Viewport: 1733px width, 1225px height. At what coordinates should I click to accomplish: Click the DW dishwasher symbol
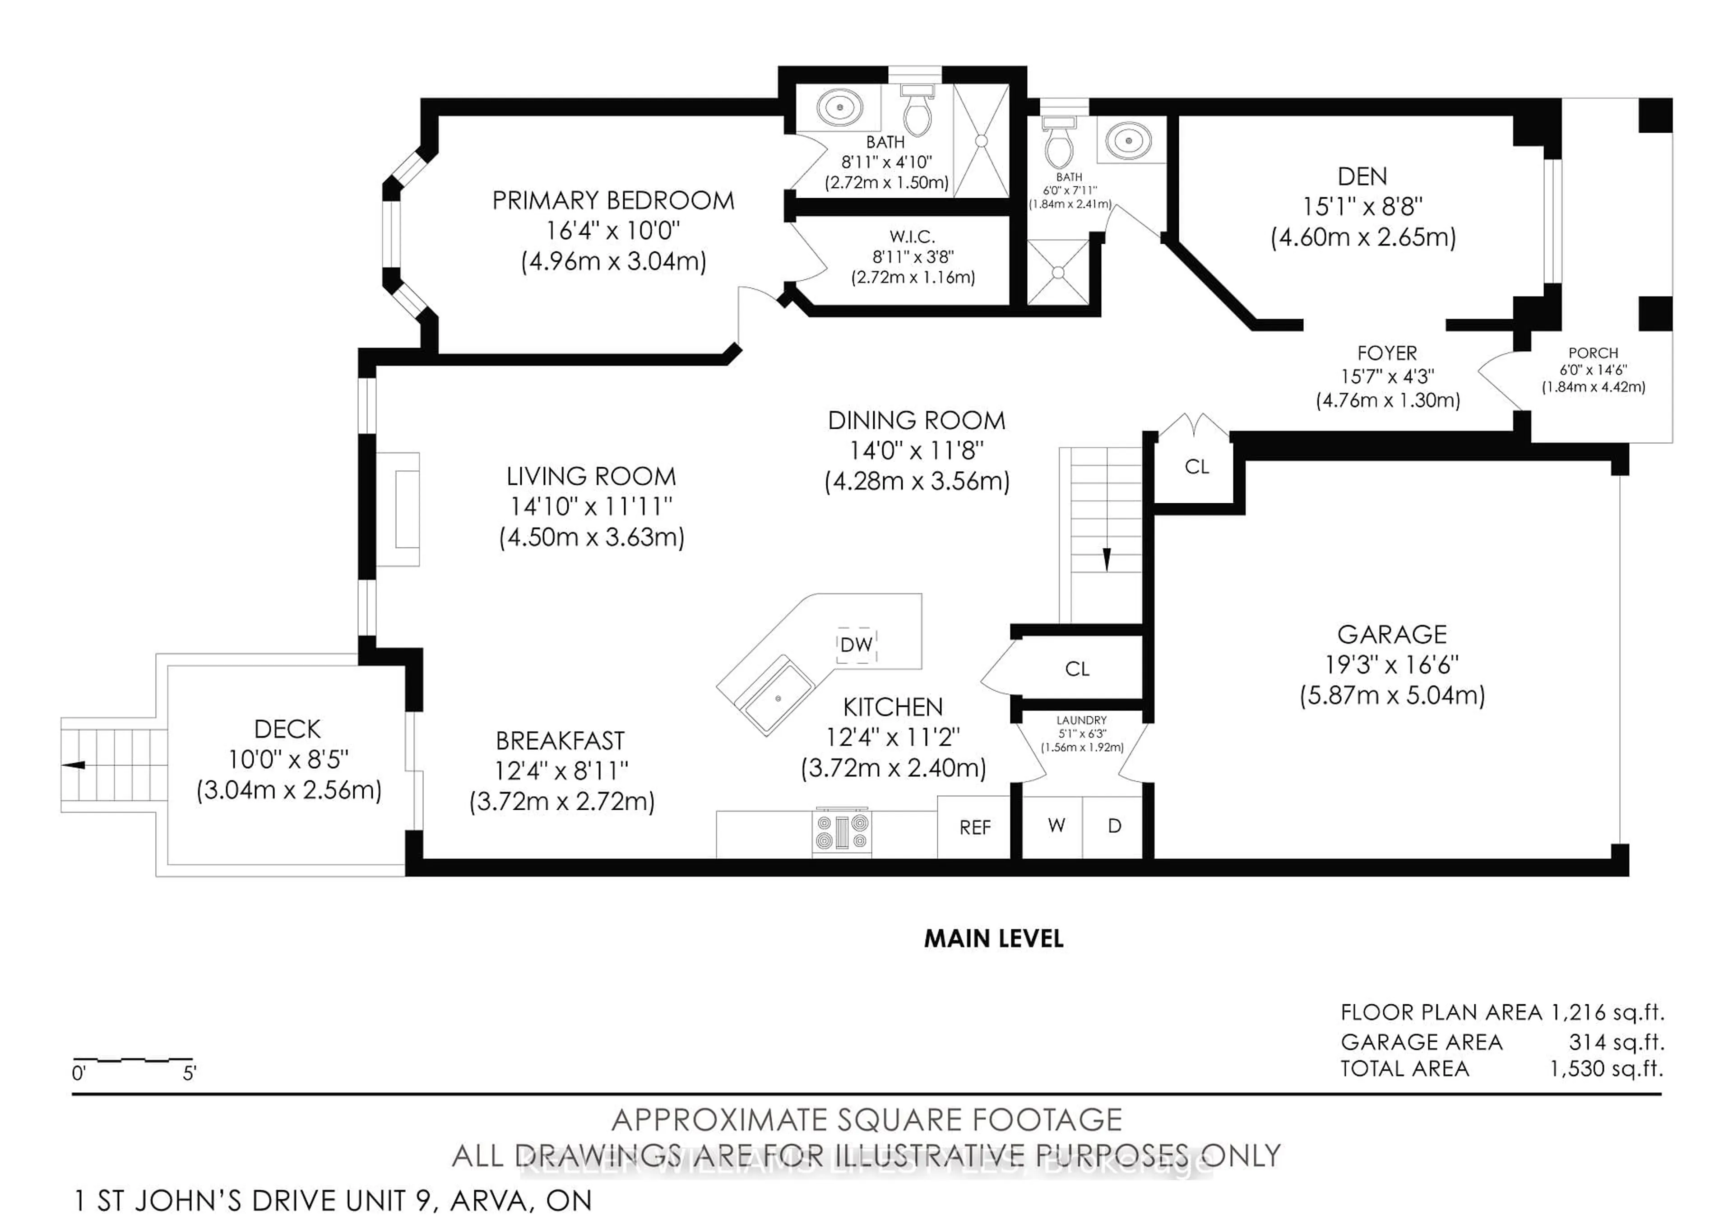tap(857, 645)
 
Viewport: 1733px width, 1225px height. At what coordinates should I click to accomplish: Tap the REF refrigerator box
tap(974, 827)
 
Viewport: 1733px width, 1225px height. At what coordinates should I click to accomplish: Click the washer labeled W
tap(1056, 826)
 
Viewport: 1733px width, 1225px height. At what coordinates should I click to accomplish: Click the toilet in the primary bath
tap(918, 113)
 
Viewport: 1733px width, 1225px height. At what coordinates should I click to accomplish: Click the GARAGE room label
tap(1392, 634)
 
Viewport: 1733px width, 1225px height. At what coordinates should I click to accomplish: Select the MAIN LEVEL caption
tap(993, 938)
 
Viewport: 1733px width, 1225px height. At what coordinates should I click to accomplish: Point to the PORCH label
tap(1593, 353)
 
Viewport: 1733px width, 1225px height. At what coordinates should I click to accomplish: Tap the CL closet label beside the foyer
tap(1196, 466)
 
